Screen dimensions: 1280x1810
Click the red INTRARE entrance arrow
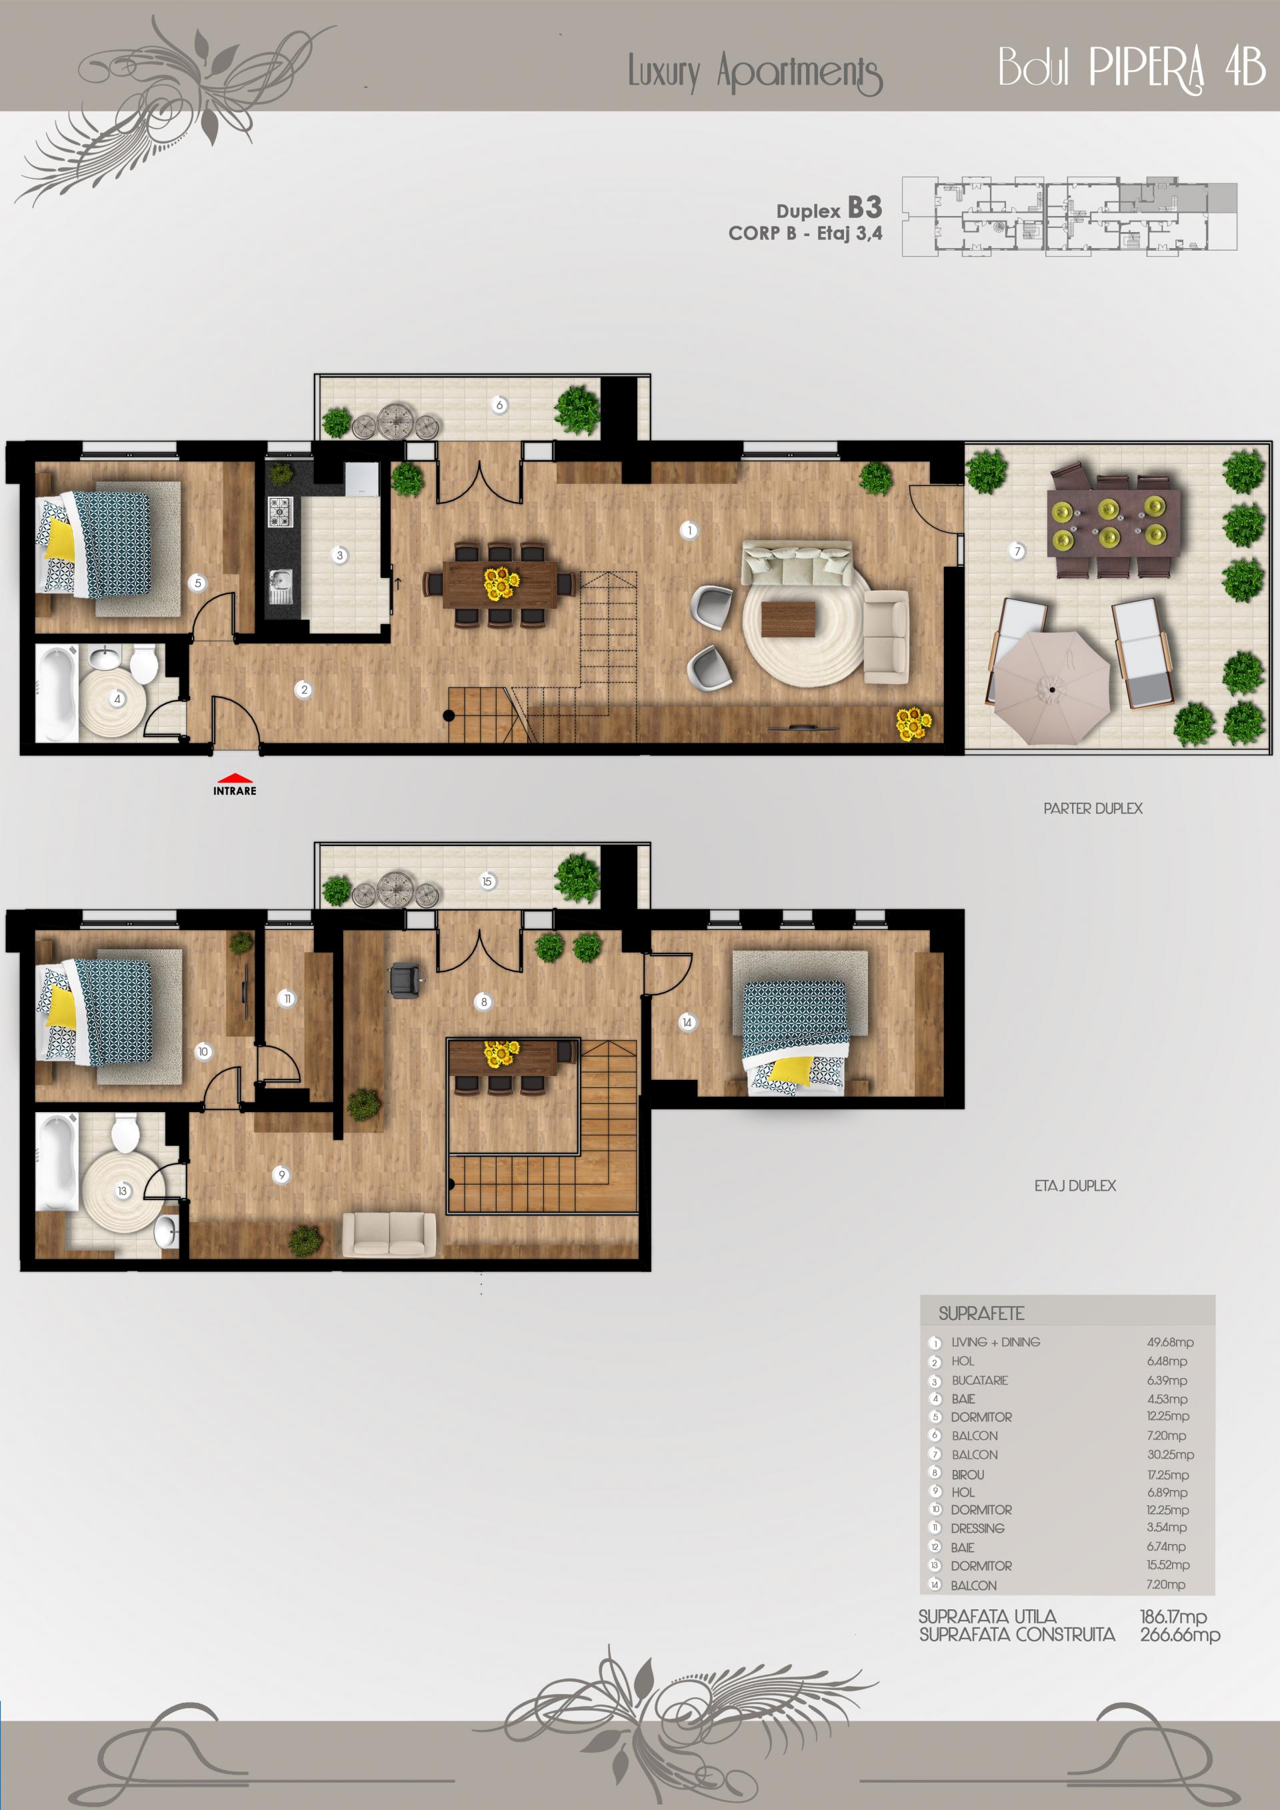tap(235, 778)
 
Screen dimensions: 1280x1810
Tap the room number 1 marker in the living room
tap(689, 531)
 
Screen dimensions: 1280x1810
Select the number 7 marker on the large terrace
tap(1017, 551)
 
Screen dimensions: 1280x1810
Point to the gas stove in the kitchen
tap(280, 511)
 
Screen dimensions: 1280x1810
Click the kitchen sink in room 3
tap(281, 586)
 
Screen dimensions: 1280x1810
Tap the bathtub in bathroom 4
tap(56, 693)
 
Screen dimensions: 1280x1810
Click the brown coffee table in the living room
tap(791, 619)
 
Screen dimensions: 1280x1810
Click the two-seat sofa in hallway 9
tap(389, 1234)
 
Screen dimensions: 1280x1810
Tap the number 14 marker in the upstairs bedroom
tap(687, 1023)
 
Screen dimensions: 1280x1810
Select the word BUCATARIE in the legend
tap(980, 1381)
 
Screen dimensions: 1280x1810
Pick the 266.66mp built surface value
tap(1180, 1635)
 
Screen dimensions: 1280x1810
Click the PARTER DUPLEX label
tap(1093, 808)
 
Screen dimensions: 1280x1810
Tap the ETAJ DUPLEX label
tap(1075, 1185)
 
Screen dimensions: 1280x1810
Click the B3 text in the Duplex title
tap(865, 208)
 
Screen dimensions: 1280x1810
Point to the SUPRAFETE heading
tap(981, 1313)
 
